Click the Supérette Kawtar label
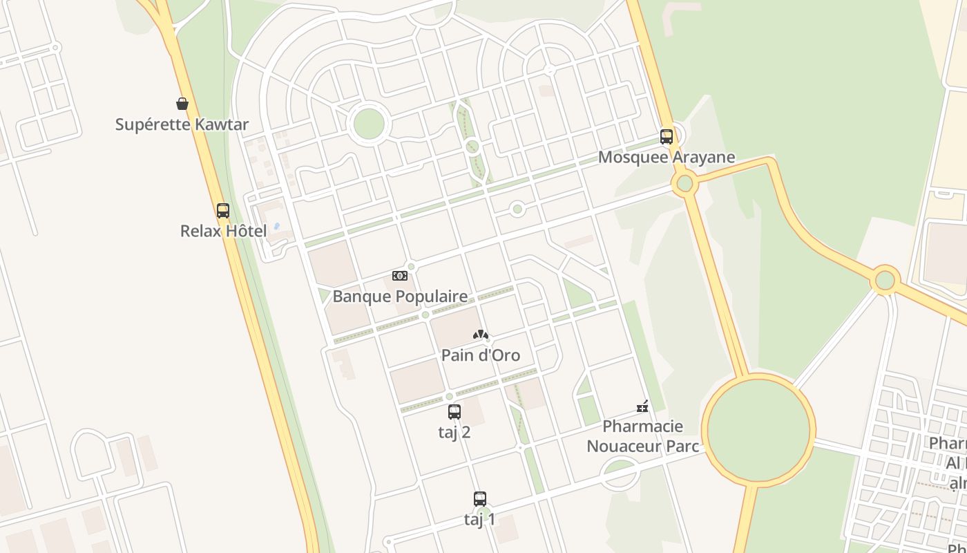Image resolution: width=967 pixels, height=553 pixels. tap(182, 124)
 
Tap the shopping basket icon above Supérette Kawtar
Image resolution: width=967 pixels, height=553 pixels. tap(182, 104)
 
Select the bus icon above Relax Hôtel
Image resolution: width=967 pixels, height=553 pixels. tap(222, 210)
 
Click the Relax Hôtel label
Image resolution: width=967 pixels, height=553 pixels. tap(223, 231)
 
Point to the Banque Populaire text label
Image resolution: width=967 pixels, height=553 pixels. tap(400, 297)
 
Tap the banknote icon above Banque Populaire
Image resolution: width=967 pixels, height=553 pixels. tap(399, 276)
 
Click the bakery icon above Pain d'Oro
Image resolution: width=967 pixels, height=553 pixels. tap(481, 335)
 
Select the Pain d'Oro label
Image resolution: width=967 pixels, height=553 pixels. tap(481, 355)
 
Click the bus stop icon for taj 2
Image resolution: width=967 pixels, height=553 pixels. tap(454, 412)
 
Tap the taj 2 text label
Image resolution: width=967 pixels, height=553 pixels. tap(454, 432)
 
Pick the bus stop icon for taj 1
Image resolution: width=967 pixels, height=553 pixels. tap(480, 498)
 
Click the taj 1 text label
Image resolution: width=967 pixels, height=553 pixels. tap(480, 519)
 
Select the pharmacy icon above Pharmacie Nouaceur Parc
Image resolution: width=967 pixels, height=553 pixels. tap(642, 406)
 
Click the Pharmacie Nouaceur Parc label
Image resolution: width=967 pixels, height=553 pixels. tap(642, 436)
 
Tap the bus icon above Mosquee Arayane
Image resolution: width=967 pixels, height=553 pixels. tap(667, 136)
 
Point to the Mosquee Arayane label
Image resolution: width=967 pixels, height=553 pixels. tap(667, 157)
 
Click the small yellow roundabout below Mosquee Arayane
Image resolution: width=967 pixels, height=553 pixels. tap(684, 183)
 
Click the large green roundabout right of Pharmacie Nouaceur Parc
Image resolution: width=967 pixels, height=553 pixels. tap(758, 429)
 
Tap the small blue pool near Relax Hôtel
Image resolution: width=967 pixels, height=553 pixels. tap(277, 226)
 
